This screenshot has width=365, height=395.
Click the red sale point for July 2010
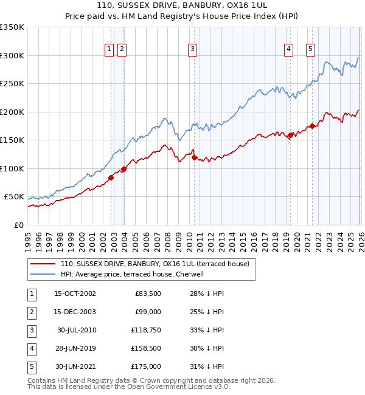195,157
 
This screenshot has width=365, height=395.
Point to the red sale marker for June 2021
313,126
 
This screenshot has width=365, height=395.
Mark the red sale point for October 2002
111,177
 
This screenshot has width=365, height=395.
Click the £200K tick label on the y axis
12,112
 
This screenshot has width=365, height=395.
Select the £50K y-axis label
13,197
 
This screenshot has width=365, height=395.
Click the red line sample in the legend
43,264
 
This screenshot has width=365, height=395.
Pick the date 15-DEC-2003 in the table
75,312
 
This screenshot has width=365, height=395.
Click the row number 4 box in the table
30,348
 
